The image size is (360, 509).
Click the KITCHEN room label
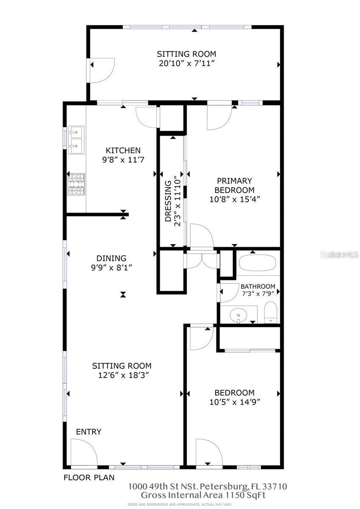click(x=123, y=151)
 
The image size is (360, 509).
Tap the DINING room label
click(x=111, y=258)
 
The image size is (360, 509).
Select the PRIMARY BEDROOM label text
click(x=234, y=185)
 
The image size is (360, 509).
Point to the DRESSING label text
click(x=168, y=201)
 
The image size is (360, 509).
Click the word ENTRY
click(x=89, y=432)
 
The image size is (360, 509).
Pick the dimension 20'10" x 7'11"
click(x=186, y=64)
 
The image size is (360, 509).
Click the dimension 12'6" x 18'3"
click(x=122, y=375)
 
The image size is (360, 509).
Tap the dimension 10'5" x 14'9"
click(x=234, y=402)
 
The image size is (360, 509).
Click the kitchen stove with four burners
click(x=76, y=185)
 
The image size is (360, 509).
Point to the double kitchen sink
click(x=76, y=140)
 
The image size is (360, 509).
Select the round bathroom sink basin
click(x=239, y=315)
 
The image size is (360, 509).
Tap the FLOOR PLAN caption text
click(x=89, y=477)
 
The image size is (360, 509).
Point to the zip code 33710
click(x=278, y=486)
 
